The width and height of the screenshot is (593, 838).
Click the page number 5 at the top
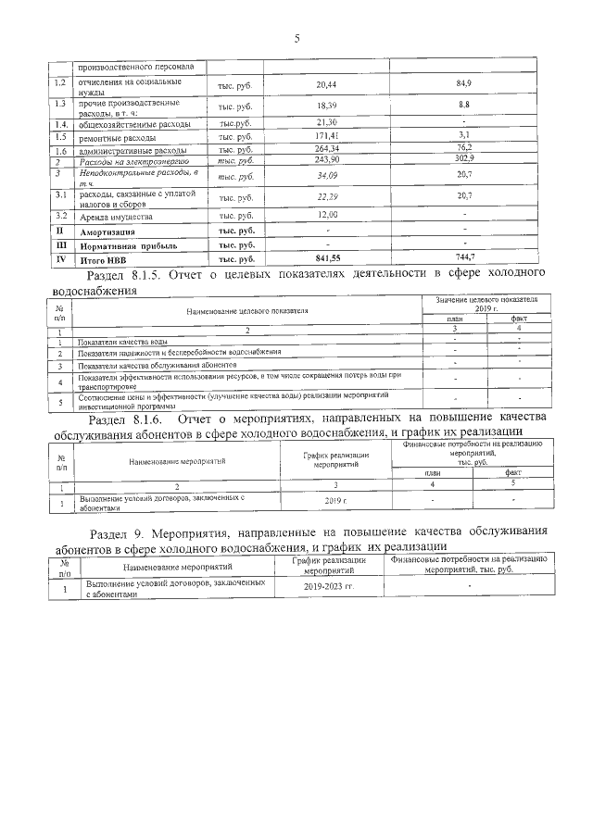tap(296, 38)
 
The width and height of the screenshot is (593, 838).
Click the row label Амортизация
tap(109, 231)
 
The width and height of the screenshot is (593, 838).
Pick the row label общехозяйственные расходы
tap(134, 123)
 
